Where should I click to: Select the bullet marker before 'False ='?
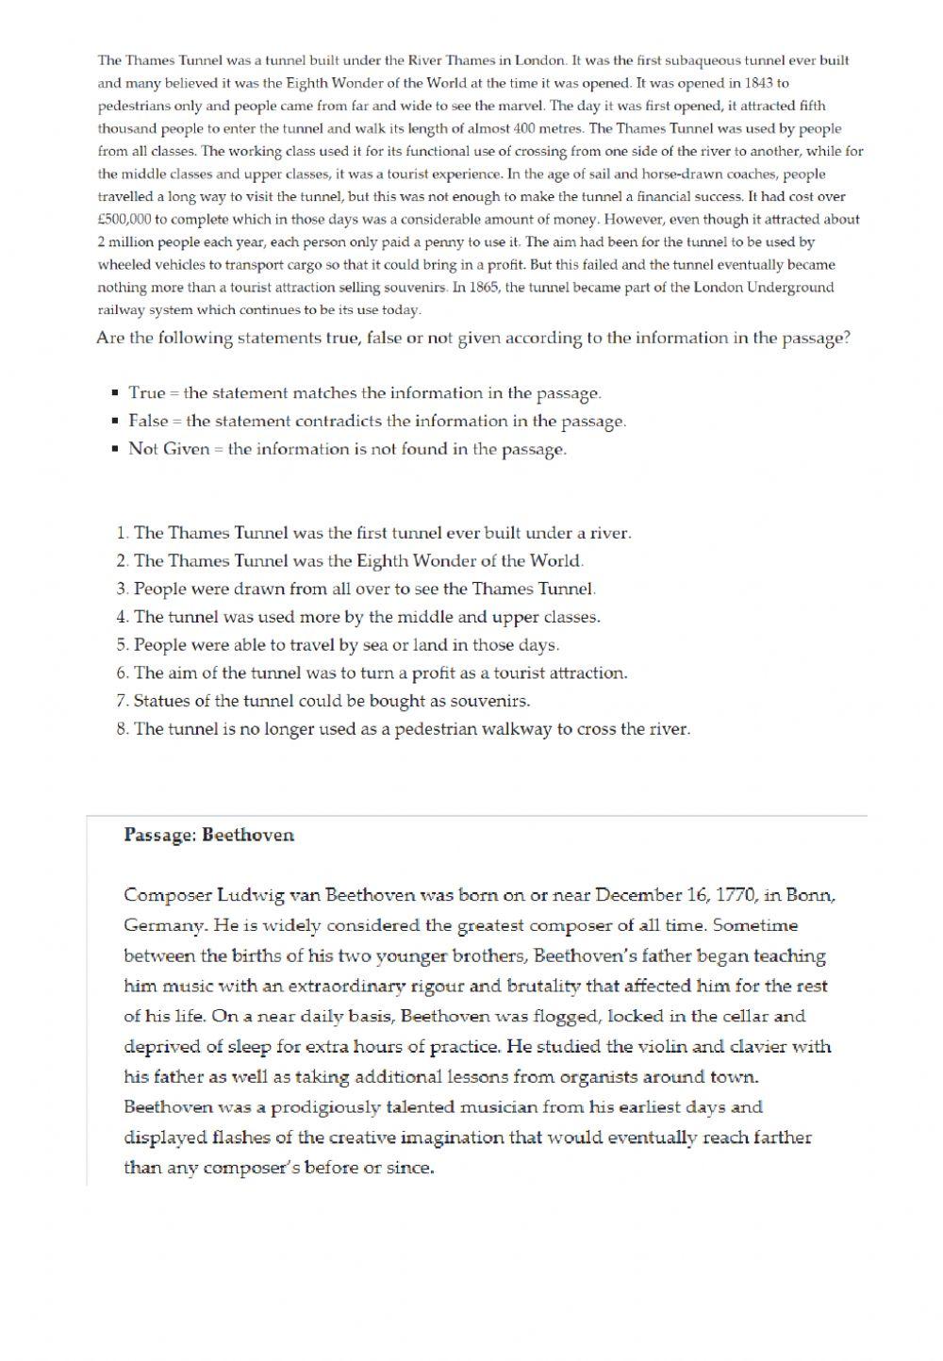click(114, 421)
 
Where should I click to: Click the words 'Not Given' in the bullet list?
click(169, 449)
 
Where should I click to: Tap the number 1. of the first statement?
click(123, 533)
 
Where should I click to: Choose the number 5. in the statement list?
click(123, 645)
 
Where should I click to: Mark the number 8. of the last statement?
click(123, 729)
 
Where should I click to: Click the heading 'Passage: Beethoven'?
click(208, 835)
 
